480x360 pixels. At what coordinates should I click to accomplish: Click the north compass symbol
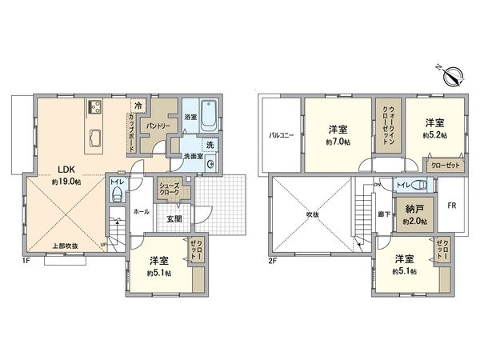click(x=450, y=74)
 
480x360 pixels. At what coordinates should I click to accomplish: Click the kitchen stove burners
click(x=94, y=108)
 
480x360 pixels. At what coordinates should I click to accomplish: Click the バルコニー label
click(x=282, y=135)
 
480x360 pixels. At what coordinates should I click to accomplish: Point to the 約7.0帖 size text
click(x=335, y=142)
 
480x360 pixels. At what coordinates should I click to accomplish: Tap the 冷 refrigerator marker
click(x=138, y=105)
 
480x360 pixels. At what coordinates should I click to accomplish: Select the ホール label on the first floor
click(x=139, y=212)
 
